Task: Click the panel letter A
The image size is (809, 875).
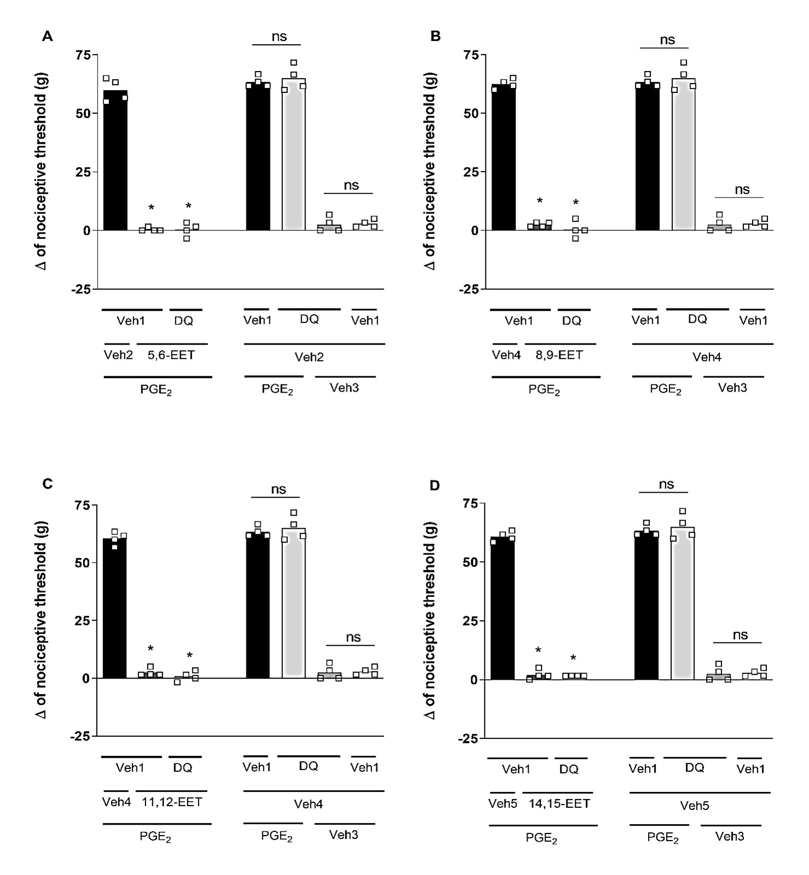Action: (x=48, y=37)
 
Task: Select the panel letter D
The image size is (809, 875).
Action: (x=435, y=485)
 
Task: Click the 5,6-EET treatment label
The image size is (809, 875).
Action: (x=171, y=355)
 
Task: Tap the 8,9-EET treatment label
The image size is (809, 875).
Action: (x=559, y=355)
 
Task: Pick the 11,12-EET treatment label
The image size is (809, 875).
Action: (x=172, y=802)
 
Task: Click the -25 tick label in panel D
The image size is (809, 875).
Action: (x=467, y=739)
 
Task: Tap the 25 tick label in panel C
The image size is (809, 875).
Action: (x=83, y=620)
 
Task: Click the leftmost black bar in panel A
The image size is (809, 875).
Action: (x=115, y=160)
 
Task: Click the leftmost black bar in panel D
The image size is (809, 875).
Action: (x=502, y=608)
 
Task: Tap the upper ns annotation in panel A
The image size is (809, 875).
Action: (x=279, y=37)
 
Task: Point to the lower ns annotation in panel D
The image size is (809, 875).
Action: (x=740, y=635)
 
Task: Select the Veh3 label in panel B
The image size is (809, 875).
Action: (x=732, y=388)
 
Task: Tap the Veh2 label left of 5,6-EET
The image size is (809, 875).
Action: (x=118, y=355)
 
